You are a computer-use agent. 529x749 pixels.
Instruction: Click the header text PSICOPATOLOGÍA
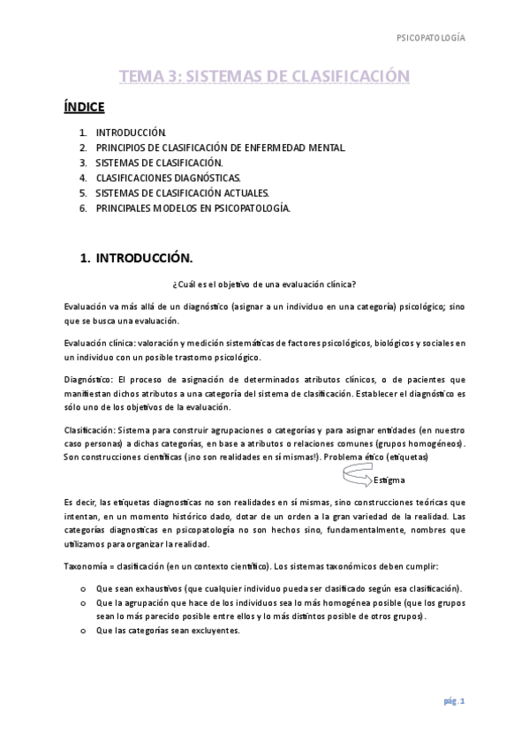tap(429, 38)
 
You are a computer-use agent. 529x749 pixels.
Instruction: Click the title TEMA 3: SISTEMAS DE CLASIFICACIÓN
tap(264, 77)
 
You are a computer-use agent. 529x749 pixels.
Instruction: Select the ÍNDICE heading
tap(84, 108)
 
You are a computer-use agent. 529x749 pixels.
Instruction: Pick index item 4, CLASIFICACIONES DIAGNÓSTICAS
tap(167, 178)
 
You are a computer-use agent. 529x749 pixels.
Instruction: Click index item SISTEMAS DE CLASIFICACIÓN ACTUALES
tap(182, 193)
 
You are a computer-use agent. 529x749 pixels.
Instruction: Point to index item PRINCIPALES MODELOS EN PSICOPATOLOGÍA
tap(192, 208)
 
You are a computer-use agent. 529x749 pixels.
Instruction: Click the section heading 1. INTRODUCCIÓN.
tap(136, 258)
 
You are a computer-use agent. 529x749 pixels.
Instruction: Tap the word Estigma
tap(389, 480)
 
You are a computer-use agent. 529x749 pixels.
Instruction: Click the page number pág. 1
tap(454, 701)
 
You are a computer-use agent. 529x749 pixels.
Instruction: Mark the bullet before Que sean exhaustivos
tap(82, 588)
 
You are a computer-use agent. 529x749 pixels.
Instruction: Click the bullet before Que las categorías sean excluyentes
tap(82, 631)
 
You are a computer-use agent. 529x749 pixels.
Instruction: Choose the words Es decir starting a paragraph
tap(79, 500)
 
